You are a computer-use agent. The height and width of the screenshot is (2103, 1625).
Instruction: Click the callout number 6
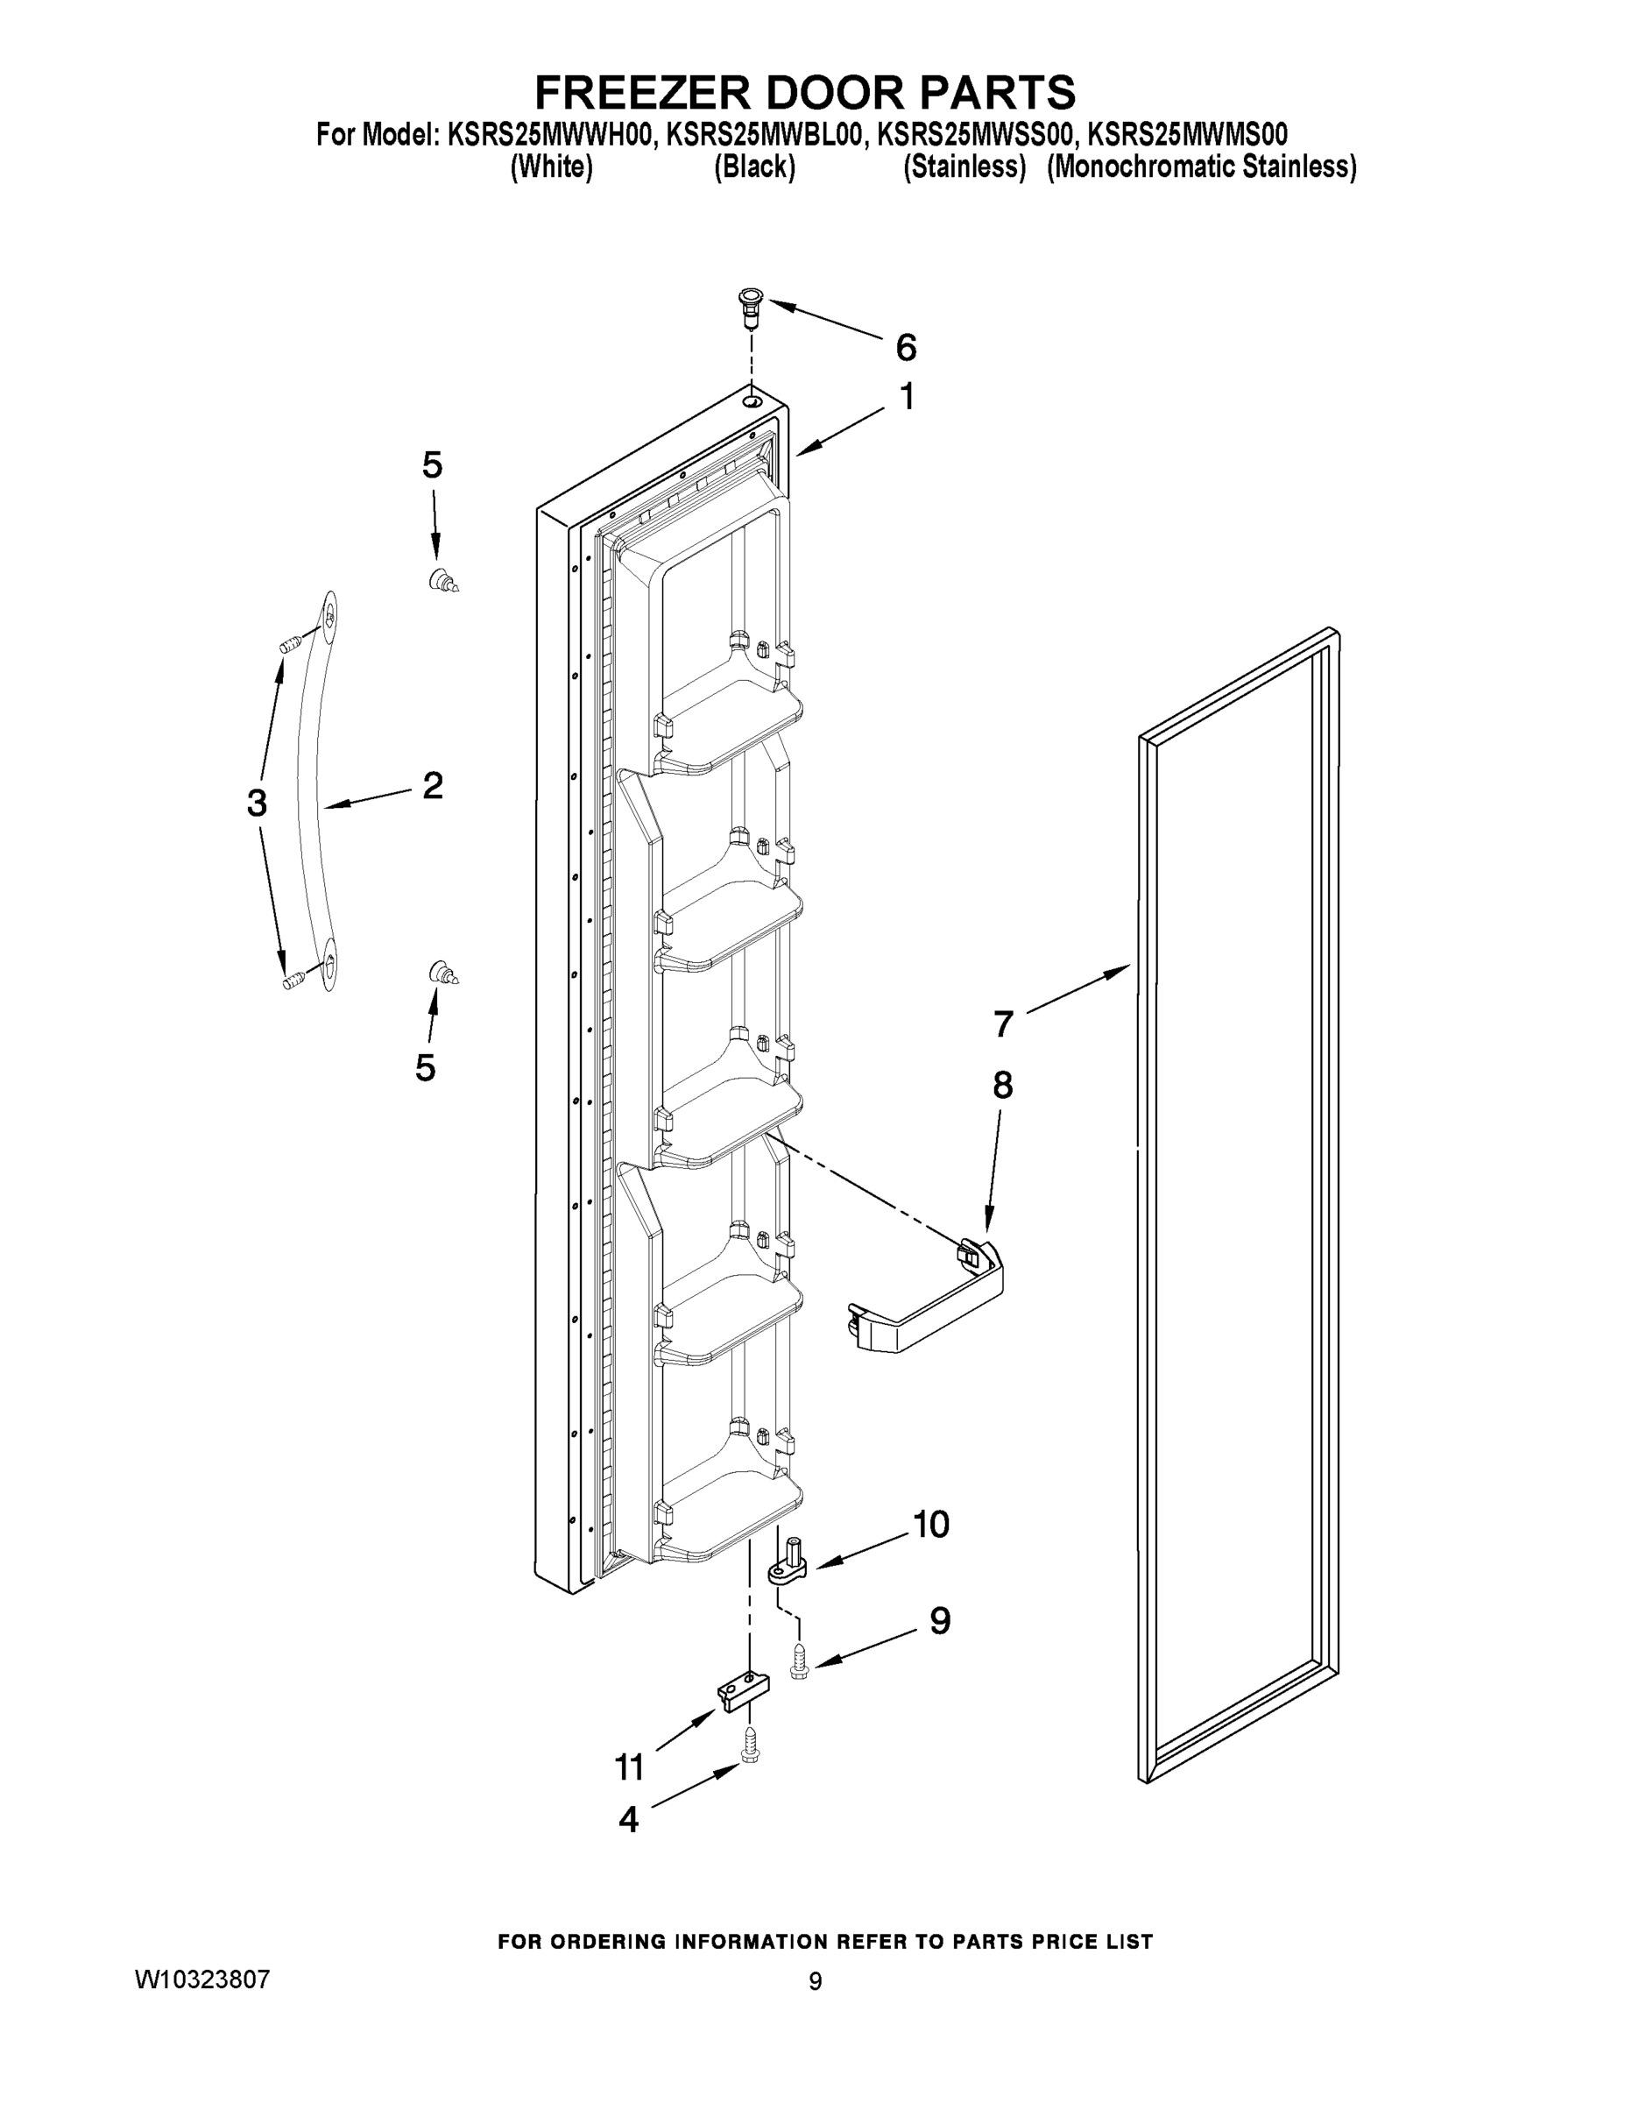tap(906, 348)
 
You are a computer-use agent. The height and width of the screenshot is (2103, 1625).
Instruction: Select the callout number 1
tap(906, 397)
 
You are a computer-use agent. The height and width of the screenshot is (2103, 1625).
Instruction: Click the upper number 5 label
tap(432, 466)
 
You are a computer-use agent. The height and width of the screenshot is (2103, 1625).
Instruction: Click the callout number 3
tap(256, 802)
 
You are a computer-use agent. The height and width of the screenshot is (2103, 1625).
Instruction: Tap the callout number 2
tap(432, 786)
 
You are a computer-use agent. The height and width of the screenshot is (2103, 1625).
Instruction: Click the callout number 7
tap(1003, 1023)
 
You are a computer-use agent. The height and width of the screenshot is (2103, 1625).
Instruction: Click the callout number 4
tap(628, 1819)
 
